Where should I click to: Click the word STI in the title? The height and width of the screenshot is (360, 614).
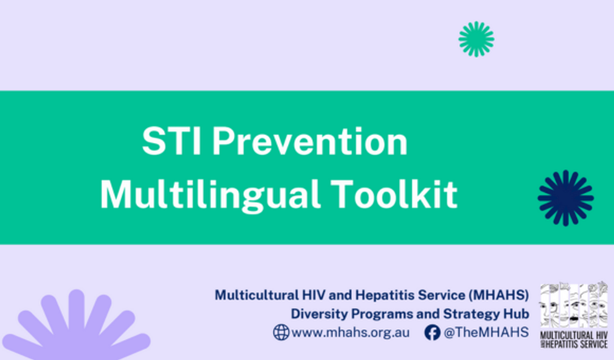pyautogui.click(x=171, y=142)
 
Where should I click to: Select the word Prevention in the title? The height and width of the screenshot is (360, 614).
pyautogui.click(x=309, y=142)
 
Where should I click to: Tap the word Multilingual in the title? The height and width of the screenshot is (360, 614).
pyautogui.click(x=210, y=194)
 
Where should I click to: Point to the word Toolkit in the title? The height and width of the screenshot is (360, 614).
pyautogui.click(x=394, y=194)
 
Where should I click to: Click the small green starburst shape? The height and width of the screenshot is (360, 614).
pyautogui.click(x=476, y=39)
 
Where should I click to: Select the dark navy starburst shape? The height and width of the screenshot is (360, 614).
pyautogui.click(x=566, y=198)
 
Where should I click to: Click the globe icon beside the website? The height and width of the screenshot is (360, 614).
pyautogui.click(x=281, y=332)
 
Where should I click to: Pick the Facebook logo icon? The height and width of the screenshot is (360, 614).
pyautogui.click(x=432, y=332)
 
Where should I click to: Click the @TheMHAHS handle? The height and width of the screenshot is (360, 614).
pyautogui.click(x=486, y=332)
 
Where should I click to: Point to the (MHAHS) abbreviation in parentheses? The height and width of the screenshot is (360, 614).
pyautogui.click(x=499, y=295)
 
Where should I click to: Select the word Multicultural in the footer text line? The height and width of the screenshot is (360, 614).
pyautogui.click(x=257, y=295)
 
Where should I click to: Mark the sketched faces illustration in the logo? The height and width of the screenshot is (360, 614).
pyautogui.click(x=574, y=305)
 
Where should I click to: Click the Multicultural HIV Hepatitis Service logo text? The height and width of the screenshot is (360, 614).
pyautogui.click(x=574, y=340)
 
